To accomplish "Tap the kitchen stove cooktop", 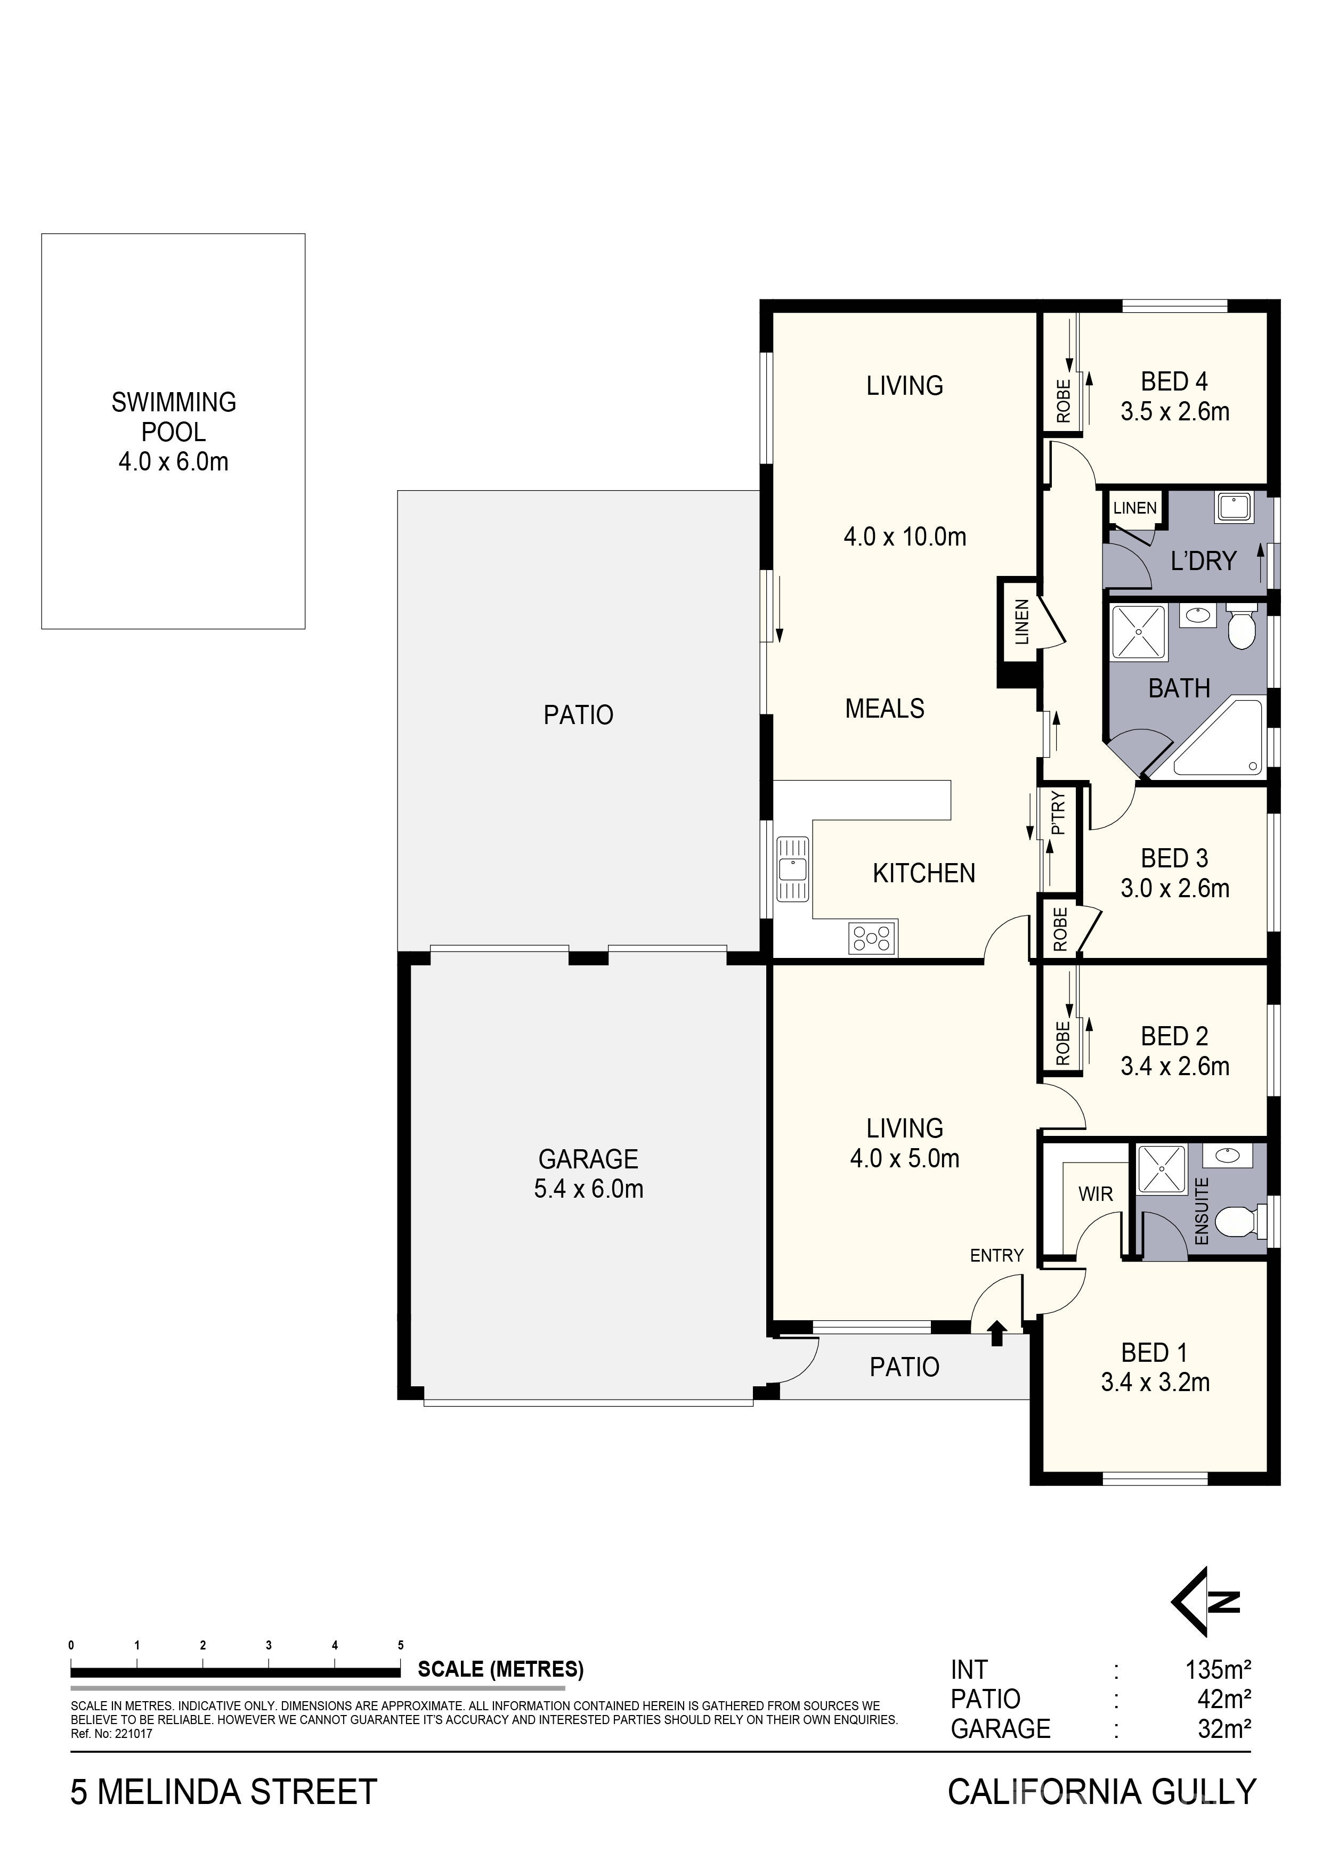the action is pos(872,938).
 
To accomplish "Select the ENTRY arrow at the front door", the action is pos(997,1334).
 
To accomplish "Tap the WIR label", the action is pos(1095,1194).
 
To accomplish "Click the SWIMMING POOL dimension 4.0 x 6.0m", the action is pos(173,461).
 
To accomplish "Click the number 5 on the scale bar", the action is pos(401,1645).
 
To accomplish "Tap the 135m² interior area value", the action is pos(1218,1670).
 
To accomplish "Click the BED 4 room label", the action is pos(1174,381).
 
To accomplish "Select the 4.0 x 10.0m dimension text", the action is pos(904,537).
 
